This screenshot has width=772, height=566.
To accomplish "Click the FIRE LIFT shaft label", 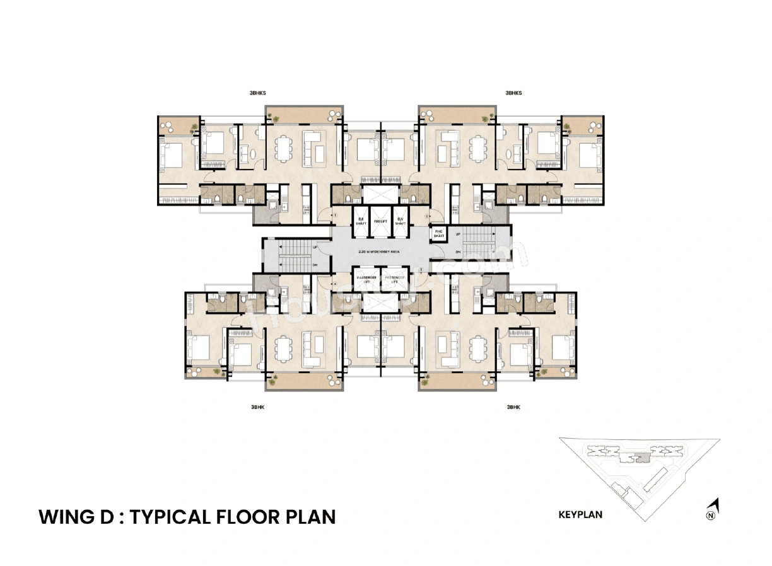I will pyautogui.click(x=380, y=222).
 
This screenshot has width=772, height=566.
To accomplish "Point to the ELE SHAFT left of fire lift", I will pyautogui.click(x=360, y=222).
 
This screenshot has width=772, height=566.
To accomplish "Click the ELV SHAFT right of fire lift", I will pyautogui.click(x=400, y=222).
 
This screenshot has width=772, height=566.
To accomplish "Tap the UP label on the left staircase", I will pyautogui.click(x=315, y=248).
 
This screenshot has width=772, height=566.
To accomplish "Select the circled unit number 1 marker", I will pyautogui.click(x=336, y=216).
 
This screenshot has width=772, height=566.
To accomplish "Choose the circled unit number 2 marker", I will pyautogui.click(x=427, y=216).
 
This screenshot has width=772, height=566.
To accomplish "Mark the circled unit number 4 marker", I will pyautogui.click(x=336, y=284).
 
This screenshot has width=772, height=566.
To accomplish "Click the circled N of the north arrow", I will pyautogui.click(x=711, y=516).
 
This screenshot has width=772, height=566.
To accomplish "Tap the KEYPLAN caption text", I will pyautogui.click(x=580, y=514).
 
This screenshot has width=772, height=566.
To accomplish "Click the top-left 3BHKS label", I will pyautogui.click(x=258, y=93).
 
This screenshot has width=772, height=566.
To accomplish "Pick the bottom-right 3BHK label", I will pyautogui.click(x=514, y=408).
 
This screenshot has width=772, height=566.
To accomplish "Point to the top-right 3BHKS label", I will pyautogui.click(x=514, y=93).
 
